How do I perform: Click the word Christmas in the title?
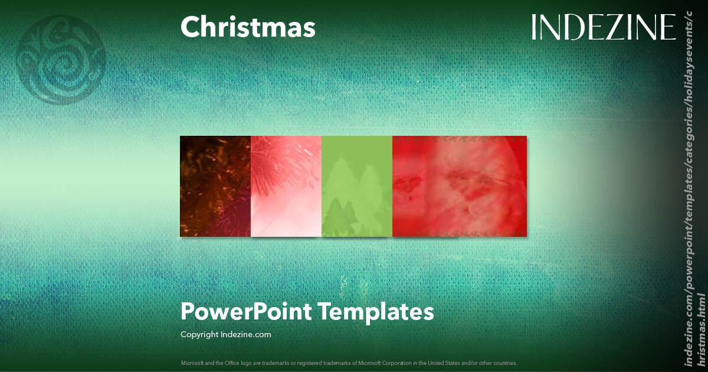248,28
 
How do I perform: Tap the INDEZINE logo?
603,28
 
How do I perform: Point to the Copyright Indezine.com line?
226,334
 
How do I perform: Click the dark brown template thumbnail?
215,186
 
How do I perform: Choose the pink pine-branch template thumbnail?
286,186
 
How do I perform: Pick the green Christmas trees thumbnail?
357,186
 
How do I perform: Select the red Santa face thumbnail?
460,186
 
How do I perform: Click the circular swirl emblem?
61,60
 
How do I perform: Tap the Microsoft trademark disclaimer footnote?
349,363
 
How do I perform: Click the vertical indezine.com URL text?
694,189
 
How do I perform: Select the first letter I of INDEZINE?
534,28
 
